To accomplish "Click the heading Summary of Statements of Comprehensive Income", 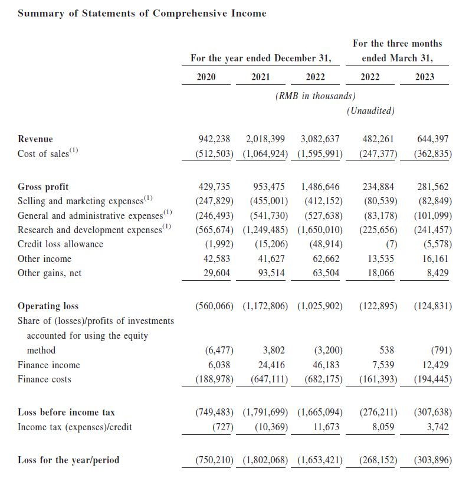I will tap(142, 13).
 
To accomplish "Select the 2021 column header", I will tap(260, 77).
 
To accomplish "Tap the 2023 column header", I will tap(425, 77).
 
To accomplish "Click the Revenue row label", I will tap(35, 139).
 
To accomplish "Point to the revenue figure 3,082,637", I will tap(320, 139).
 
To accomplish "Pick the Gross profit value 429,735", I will tap(214, 187).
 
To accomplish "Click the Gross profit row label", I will tap(43, 187).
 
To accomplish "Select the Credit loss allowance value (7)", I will tap(389, 244).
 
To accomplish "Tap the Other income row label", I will tap(44, 258).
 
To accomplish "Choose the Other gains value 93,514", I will tap(269, 273).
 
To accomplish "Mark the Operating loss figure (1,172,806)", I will tap(265, 306).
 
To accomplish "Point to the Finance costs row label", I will tap(44, 379).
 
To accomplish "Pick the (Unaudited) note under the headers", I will tap(371, 110).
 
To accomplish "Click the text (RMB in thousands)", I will tap(315, 96).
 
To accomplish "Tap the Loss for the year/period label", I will tap(68, 460).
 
